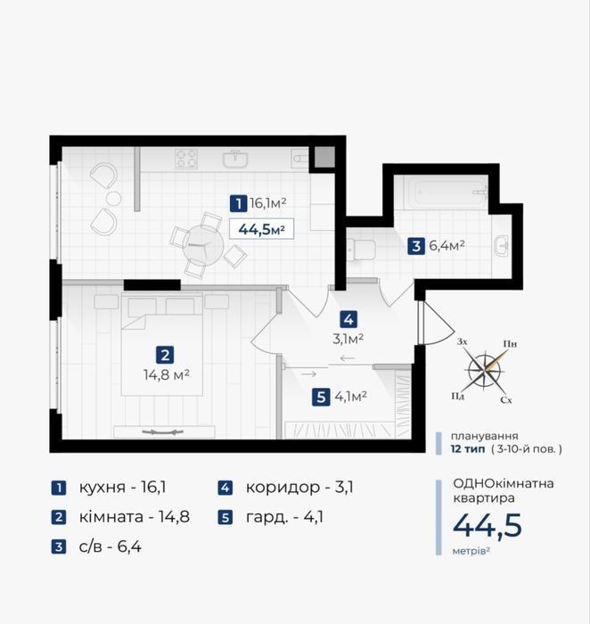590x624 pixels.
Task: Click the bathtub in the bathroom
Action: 446,193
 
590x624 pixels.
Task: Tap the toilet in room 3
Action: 361,250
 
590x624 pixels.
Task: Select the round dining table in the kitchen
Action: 203,245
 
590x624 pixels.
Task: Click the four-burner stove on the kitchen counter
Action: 186,160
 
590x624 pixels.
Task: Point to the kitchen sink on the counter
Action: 236,160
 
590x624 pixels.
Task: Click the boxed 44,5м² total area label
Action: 261,229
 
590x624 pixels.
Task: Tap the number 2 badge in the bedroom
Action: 165,355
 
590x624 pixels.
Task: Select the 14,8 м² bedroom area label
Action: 167,375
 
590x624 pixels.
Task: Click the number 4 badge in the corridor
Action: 348,319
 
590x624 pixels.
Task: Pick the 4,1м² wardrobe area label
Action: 350,397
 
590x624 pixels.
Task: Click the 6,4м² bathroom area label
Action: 447,245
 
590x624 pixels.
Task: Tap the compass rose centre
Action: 485,372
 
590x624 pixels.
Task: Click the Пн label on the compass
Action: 510,344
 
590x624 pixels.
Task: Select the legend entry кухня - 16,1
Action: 109,488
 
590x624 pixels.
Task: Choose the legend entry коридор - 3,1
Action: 286,488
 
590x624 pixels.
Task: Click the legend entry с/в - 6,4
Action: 96,546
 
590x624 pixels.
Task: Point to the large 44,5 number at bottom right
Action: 487,525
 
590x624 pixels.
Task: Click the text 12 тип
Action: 468,449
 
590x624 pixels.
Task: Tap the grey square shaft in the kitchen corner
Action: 324,157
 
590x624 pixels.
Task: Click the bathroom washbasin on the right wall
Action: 501,245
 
